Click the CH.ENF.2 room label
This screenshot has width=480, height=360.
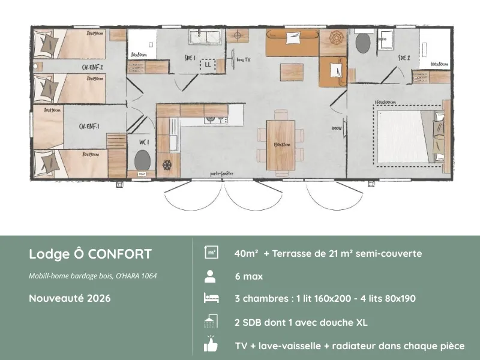[x=92, y=68]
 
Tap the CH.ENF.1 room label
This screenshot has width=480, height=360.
[x=89, y=126]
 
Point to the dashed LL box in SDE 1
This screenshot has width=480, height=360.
[x=208, y=64]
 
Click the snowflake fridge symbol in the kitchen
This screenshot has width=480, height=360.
[x=167, y=164]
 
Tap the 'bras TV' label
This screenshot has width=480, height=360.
[x=244, y=60]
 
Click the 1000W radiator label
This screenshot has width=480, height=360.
[x=336, y=128]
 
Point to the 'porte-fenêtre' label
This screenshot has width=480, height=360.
[x=221, y=173]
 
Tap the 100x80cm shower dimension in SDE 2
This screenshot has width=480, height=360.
[x=439, y=64]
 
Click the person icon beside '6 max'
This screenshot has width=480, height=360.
[x=210, y=277]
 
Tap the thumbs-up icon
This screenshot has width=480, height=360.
[x=210, y=345]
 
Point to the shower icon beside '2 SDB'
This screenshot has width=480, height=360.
[x=210, y=322]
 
